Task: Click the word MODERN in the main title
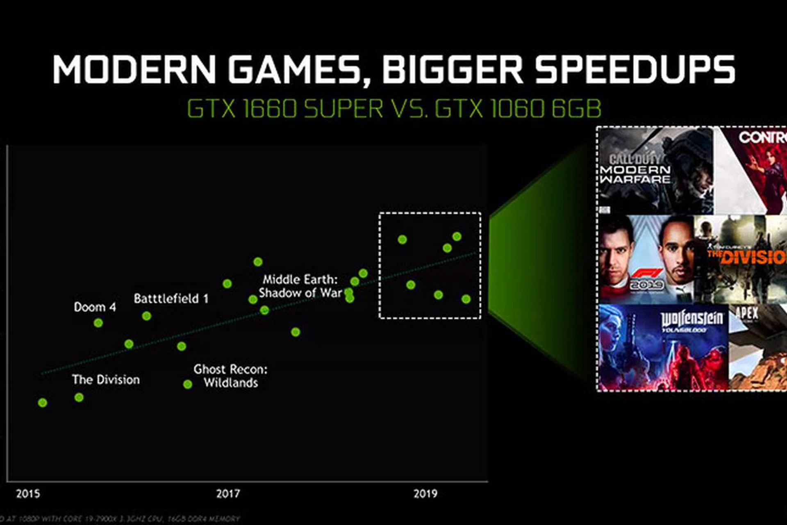[x=134, y=69]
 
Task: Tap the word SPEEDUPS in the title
[x=635, y=69]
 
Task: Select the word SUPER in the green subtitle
[x=343, y=108]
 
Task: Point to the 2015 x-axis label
[x=28, y=493]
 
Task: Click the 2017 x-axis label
[x=228, y=493]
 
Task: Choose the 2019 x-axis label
[x=425, y=493]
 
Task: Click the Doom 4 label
[x=95, y=307]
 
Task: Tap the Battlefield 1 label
[x=171, y=298]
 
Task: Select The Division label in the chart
[x=106, y=379]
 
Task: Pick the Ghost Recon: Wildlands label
[x=230, y=376]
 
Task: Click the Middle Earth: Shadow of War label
[x=300, y=286]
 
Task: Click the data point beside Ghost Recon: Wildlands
[x=187, y=384]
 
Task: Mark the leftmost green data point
[x=42, y=403]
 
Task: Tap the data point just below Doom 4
[x=98, y=323]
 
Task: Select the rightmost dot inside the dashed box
[x=466, y=299]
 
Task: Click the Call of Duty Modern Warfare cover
[x=655, y=171]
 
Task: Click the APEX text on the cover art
[x=747, y=314]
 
